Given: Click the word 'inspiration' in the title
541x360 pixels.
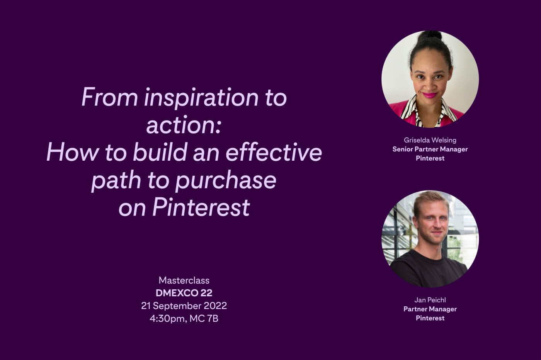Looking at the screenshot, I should tap(201, 98).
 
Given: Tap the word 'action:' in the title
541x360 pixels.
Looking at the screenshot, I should tap(184, 125).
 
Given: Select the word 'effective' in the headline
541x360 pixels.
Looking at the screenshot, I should tap(274, 152).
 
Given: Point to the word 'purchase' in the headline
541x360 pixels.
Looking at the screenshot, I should tap(226, 180).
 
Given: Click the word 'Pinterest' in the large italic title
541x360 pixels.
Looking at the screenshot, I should tap(201, 207).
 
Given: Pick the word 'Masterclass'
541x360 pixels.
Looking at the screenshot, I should tap(184, 280).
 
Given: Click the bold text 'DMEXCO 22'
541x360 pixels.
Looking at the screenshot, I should tap(184, 293).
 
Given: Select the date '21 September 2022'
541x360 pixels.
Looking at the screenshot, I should tap(184, 306).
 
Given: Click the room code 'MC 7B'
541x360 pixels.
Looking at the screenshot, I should tap(204, 319).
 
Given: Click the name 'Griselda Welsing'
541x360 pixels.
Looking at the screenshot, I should tap(430, 140).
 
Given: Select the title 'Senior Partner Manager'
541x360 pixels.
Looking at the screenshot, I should tap(430, 149).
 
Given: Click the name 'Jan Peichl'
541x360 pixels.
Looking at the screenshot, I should tap(430, 300).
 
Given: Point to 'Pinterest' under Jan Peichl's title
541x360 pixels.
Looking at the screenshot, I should tap(430, 318).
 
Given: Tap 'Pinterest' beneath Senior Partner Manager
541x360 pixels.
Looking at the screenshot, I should tap(430, 158).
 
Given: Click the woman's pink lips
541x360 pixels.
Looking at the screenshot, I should tap(430, 95).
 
